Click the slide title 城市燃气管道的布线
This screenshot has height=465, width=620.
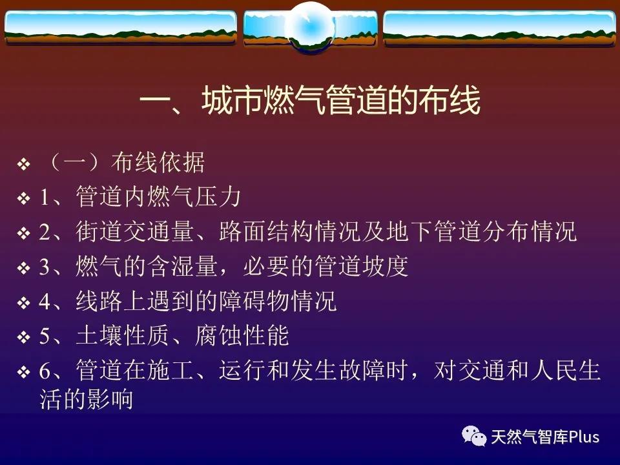tap(341, 100)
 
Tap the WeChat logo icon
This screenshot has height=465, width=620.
tap(474, 436)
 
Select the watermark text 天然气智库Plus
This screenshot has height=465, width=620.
tap(545, 437)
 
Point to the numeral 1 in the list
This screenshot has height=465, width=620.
tap(45, 197)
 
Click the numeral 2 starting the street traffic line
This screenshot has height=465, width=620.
tap(45, 232)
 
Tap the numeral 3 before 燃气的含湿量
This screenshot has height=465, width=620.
tap(45, 267)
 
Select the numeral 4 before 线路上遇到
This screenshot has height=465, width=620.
tap(45, 302)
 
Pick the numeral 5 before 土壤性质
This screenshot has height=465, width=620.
tap(45, 336)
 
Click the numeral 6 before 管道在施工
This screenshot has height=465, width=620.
tap(45, 371)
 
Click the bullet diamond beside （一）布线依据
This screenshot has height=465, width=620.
tap(24, 163)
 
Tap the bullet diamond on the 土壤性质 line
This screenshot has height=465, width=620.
tap(24, 338)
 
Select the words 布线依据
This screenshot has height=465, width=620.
tap(158, 162)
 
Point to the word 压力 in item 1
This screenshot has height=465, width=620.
tap(218, 196)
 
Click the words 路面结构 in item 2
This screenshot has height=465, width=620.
tap(265, 231)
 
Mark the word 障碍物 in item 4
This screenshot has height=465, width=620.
tap(254, 301)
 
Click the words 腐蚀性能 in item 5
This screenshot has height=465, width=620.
tap(242, 336)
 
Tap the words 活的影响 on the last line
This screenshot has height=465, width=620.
tap(86, 399)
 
